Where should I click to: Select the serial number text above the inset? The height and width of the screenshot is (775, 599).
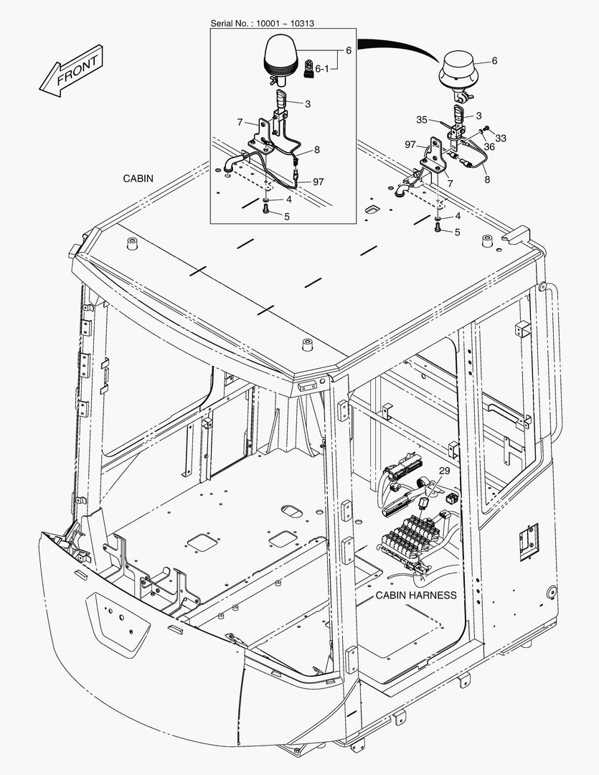coord(262,23)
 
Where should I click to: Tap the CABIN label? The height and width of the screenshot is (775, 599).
coord(138,178)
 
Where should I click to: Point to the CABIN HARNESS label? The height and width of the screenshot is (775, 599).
coord(415,595)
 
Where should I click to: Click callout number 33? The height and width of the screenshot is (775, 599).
coord(501,138)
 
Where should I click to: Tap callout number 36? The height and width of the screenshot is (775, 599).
coord(489,146)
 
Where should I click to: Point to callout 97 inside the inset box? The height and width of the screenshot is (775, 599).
coord(317,182)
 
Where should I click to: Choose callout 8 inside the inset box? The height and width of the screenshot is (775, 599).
coord(316,151)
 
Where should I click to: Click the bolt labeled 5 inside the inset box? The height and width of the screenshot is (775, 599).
coord(266,209)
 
